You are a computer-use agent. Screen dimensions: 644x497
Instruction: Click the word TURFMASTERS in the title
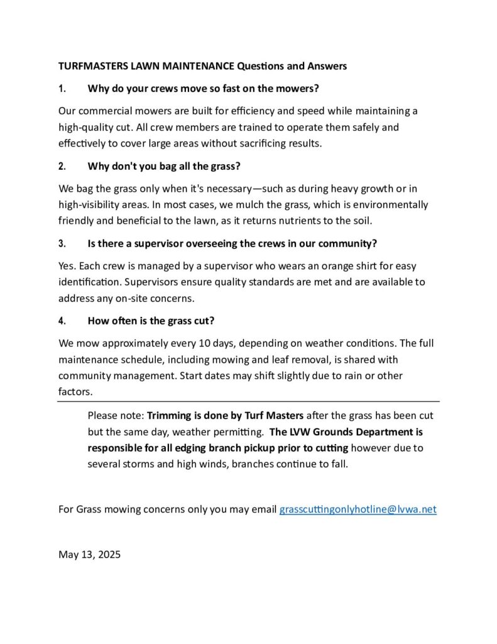click(94, 65)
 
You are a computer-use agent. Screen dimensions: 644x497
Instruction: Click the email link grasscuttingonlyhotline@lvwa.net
click(357, 509)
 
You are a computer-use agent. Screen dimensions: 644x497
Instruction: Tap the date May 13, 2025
click(89, 555)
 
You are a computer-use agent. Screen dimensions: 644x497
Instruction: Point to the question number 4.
click(62, 321)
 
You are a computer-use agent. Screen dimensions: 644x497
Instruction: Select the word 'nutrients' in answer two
click(294, 221)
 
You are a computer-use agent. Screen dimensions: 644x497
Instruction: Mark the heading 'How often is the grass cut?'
click(151, 321)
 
